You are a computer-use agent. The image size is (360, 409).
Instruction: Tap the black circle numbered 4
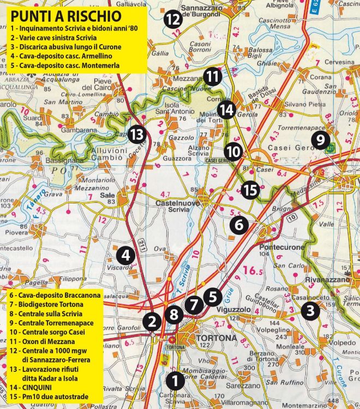[125, 254]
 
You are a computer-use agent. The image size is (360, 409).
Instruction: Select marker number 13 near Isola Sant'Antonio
[137, 134]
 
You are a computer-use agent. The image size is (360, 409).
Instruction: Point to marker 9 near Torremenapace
[320, 140]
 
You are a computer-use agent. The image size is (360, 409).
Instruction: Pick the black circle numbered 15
[250, 190]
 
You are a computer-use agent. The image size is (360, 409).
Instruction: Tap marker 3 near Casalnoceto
[310, 311]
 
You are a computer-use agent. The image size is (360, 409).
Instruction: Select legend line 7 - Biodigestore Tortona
[46, 304]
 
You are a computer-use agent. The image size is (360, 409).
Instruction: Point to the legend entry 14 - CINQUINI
[34, 387]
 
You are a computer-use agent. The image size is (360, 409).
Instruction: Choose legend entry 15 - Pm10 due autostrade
[48, 396]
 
